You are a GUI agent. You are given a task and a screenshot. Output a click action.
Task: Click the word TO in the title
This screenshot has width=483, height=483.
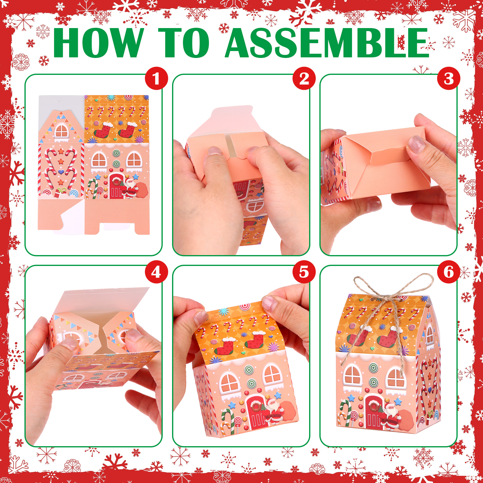(184, 43)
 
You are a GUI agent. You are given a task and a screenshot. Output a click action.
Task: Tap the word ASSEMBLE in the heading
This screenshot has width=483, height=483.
(327, 43)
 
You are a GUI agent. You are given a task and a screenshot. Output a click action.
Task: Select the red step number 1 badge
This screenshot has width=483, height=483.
(156, 78)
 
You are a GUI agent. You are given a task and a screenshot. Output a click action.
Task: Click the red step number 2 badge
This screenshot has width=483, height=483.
(304, 78)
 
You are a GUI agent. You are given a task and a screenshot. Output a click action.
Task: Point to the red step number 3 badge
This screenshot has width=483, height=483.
(449, 78)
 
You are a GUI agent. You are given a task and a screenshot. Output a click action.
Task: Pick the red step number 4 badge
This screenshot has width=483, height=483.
(156, 272)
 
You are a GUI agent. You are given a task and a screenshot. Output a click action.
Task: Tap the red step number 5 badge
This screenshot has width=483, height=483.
(304, 272)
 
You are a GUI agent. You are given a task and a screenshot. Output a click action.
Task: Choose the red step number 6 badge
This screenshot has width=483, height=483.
(449, 272)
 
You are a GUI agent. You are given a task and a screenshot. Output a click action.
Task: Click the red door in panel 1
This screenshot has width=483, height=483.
(116, 186)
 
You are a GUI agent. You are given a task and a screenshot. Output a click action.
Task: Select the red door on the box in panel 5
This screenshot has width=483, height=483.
(257, 412)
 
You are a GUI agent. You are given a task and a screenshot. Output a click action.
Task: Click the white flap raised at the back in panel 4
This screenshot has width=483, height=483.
(103, 300)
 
